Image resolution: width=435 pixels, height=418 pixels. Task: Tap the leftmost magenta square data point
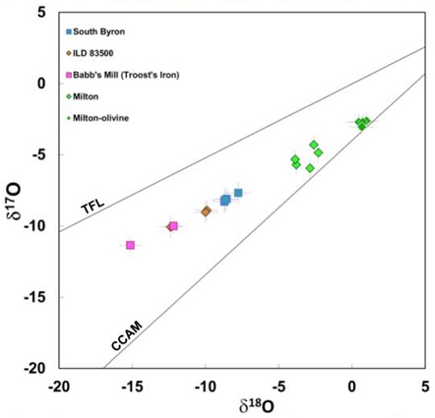130,245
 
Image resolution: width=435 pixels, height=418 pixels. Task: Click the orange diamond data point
206,211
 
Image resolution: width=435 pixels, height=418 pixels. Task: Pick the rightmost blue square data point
238,193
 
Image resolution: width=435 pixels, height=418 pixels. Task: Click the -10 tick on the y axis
38,226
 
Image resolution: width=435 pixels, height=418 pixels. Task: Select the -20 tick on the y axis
38,368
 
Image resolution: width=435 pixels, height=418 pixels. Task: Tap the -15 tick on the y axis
38,297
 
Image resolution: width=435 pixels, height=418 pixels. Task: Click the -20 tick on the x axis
59,385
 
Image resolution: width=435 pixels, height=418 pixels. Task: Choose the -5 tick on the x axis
279,385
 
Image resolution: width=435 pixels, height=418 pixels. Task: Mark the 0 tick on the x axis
352,385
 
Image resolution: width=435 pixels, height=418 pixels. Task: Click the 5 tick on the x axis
425,385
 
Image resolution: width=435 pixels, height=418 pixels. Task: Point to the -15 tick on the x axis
132,385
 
